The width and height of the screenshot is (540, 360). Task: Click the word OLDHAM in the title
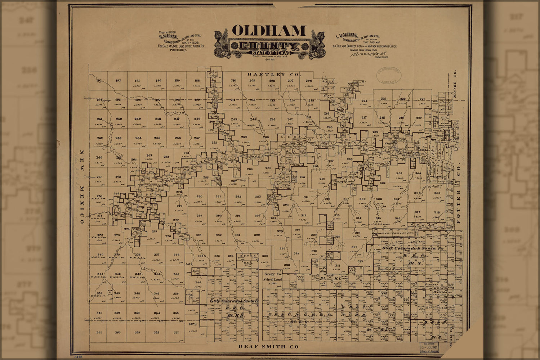(269, 31)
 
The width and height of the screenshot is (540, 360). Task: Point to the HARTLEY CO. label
(273, 75)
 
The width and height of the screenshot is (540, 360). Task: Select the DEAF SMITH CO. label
(269, 347)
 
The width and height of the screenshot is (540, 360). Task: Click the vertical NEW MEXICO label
(82, 187)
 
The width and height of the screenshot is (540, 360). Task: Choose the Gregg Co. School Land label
(273, 276)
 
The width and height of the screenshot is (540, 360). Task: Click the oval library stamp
(389, 76)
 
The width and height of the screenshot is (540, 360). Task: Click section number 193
(99, 81)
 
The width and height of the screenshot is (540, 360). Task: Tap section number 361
(99, 332)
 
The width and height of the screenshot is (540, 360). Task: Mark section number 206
(309, 81)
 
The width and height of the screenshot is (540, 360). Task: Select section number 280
(199, 197)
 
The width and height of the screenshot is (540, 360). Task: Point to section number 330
(265, 256)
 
